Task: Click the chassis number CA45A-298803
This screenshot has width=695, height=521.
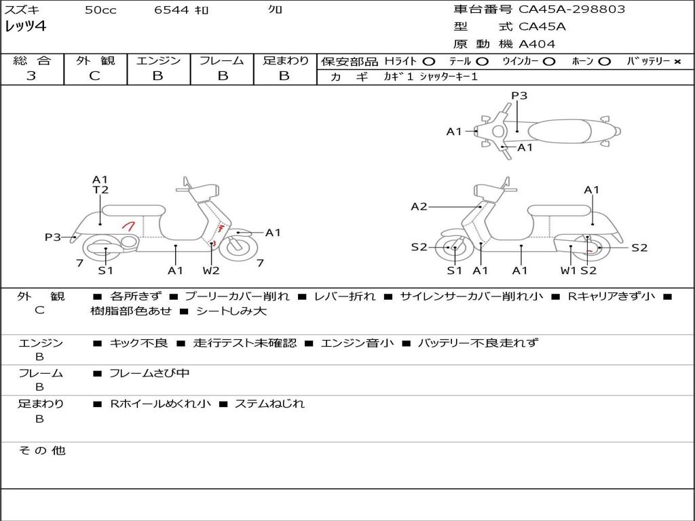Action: [x=571, y=9]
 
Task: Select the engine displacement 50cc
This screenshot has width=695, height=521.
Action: [x=100, y=10]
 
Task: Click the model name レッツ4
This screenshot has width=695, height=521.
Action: [x=25, y=27]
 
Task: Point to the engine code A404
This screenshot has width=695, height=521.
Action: [x=537, y=44]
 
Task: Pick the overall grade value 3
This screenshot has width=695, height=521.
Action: [x=31, y=76]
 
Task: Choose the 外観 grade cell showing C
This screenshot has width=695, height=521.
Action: [x=94, y=76]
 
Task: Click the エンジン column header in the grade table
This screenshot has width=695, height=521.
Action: [x=158, y=60]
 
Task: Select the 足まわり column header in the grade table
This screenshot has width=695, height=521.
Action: [x=285, y=60]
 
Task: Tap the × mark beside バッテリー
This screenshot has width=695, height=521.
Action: [x=677, y=61]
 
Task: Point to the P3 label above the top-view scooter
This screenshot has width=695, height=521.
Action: [x=519, y=96]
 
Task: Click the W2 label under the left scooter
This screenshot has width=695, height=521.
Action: [x=211, y=271]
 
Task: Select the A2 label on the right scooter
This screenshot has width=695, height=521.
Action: [x=419, y=206]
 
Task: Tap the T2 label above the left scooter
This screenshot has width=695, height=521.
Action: [x=100, y=191]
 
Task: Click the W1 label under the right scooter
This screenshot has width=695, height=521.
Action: [x=568, y=271]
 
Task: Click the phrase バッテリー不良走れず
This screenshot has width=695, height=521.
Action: [x=477, y=343]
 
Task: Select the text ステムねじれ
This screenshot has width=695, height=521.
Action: [x=269, y=404]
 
